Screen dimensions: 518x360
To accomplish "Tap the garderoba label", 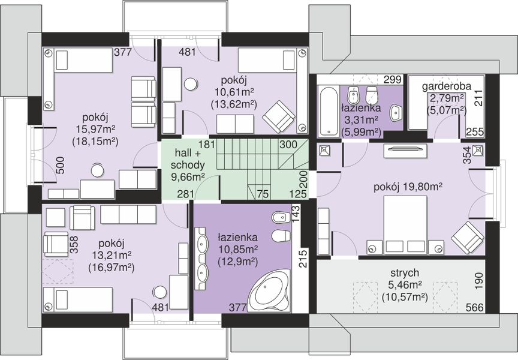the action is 447,86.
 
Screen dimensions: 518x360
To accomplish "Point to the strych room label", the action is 405,273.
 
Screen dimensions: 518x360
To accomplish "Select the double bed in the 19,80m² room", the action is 405,225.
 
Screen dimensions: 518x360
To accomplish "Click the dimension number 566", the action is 475,307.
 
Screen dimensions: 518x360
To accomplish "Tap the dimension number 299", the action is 393,80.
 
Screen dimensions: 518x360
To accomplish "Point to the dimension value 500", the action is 61,165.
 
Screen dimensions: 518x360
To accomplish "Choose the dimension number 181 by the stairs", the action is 207,145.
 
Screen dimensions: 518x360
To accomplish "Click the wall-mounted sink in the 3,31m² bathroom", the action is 396,112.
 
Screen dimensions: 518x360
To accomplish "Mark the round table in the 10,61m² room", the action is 191,83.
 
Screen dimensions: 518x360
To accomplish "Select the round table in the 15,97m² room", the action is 98,170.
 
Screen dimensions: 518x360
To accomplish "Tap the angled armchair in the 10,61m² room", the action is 279,116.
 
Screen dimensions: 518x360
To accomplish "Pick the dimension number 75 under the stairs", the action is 263,194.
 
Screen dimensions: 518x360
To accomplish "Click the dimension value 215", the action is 303,259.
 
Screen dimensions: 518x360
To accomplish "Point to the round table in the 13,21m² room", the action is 160,292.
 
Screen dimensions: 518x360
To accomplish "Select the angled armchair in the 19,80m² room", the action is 468,238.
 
